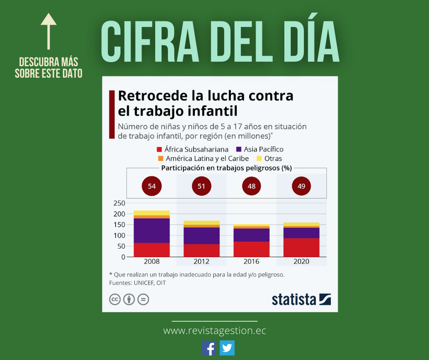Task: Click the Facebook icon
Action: point(209,348)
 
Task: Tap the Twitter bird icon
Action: point(227,348)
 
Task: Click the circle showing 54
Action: point(152,186)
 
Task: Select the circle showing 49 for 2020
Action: point(301,186)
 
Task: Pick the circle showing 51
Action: point(201,186)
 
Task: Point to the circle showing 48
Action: point(251,186)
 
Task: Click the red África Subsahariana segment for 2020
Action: point(301,247)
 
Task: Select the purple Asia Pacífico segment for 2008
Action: point(152,231)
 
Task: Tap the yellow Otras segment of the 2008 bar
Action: point(152,213)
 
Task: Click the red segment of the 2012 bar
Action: point(201,250)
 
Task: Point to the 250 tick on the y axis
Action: point(119,203)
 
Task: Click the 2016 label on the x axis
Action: point(251,262)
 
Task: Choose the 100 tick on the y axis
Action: point(119,235)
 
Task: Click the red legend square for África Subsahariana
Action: point(159,149)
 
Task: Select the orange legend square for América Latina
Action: point(160,159)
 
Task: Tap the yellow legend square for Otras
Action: point(259,159)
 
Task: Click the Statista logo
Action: point(301,299)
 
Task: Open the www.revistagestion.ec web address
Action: point(214,331)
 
